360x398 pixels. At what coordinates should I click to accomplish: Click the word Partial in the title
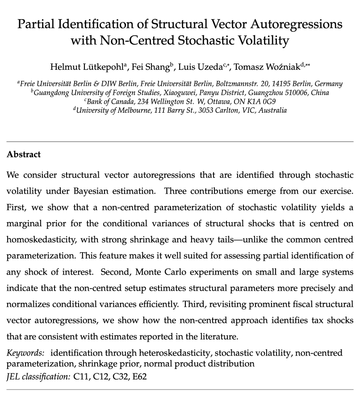pos(37,24)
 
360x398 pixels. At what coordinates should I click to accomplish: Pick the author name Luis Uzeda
pos(198,67)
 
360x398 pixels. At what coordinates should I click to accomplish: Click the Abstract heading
pos(24,154)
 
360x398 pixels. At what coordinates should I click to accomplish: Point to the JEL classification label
pos(38,377)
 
